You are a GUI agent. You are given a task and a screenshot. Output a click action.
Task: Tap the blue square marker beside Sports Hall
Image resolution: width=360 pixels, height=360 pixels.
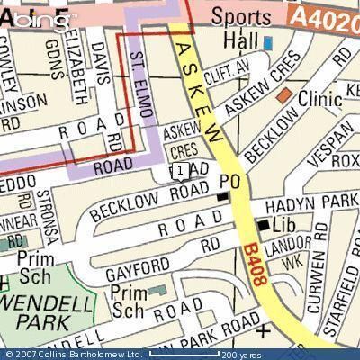(x=268, y=42)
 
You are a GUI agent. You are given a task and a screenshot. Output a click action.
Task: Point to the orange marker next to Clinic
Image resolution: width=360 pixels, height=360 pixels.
(x=284, y=94)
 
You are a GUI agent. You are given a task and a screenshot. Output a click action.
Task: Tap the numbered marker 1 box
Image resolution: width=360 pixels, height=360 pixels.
(x=181, y=170)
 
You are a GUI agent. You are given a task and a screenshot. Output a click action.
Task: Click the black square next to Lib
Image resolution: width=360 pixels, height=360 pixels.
(x=263, y=224)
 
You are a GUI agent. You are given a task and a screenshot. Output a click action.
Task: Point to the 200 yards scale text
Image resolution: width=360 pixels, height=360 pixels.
(x=241, y=355)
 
